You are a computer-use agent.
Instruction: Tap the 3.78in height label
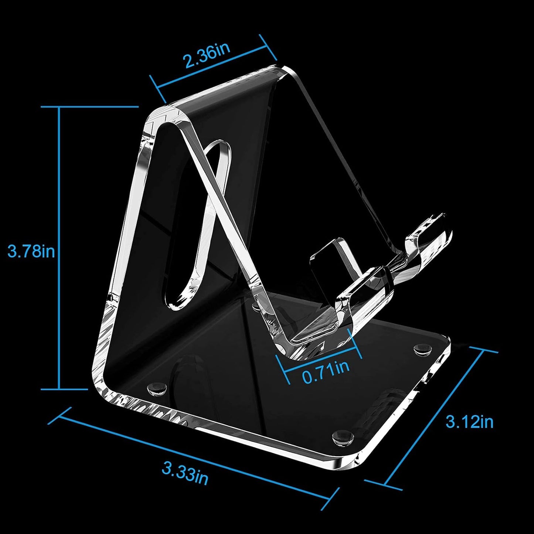(31, 251)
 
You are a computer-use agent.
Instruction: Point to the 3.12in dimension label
(469, 421)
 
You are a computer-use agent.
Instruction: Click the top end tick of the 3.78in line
(89, 107)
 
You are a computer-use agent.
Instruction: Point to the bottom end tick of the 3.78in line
(64, 389)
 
